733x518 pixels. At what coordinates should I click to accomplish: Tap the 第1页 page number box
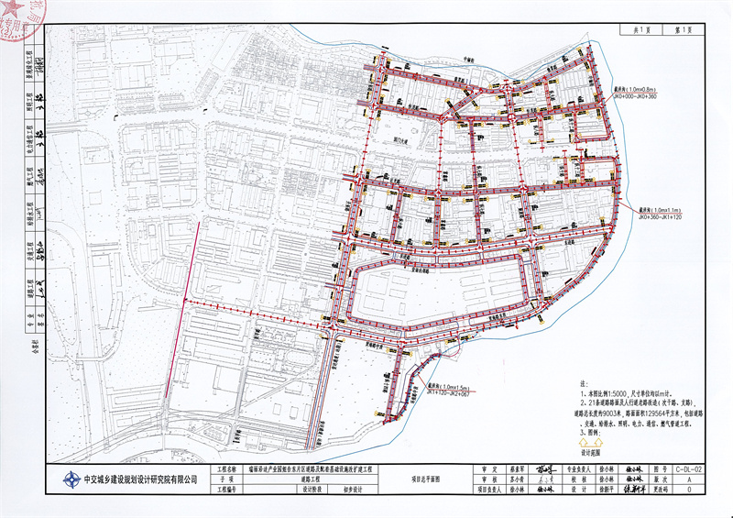[679, 29]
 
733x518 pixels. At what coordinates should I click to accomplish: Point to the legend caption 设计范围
[589, 452]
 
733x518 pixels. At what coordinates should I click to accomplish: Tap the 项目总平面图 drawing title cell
[426, 479]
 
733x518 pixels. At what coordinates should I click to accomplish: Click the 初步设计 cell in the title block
[341, 490]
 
